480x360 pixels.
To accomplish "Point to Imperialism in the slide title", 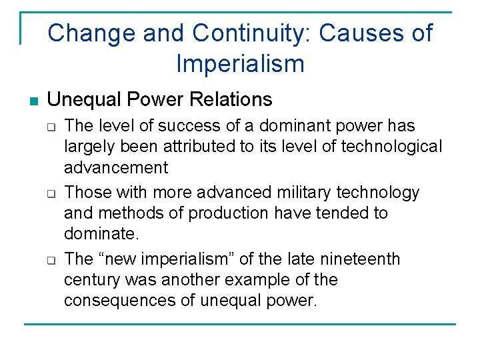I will point(240,64).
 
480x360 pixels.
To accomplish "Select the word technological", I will point(393,146).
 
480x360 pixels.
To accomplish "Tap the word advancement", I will point(116,167).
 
